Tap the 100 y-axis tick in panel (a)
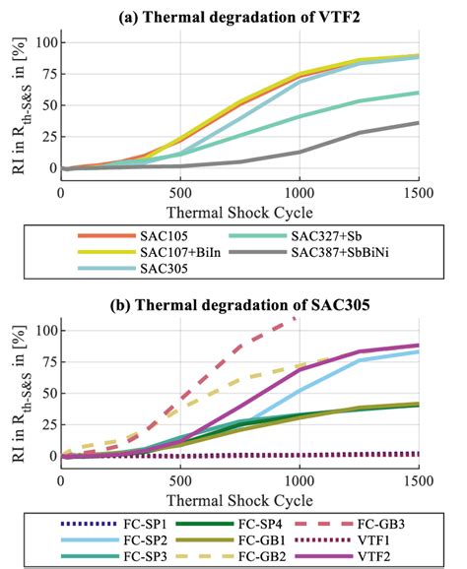click(42, 42)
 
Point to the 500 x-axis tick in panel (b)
click(179, 477)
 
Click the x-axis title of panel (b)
click(239, 497)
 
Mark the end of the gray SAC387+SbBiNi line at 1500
click(418, 122)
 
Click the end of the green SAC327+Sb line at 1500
click(418, 93)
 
